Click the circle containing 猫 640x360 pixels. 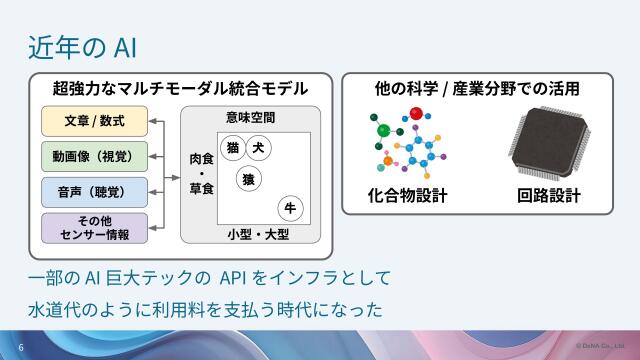click(x=232, y=148)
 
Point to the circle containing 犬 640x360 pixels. click(x=259, y=148)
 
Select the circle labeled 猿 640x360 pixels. click(x=247, y=179)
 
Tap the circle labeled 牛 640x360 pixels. click(x=290, y=208)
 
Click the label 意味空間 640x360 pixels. click(x=250, y=118)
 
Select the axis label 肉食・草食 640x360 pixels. click(x=200, y=174)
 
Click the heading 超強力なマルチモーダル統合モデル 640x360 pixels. click(x=179, y=89)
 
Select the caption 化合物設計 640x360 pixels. click(x=407, y=195)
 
